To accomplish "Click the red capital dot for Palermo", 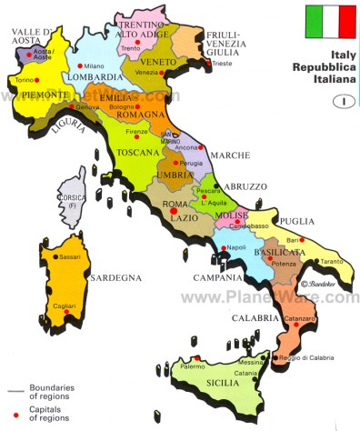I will coord(193,358).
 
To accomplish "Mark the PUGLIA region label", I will coord(296,220).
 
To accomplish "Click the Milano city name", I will coord(94,66).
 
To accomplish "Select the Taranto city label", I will coord(331,260).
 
